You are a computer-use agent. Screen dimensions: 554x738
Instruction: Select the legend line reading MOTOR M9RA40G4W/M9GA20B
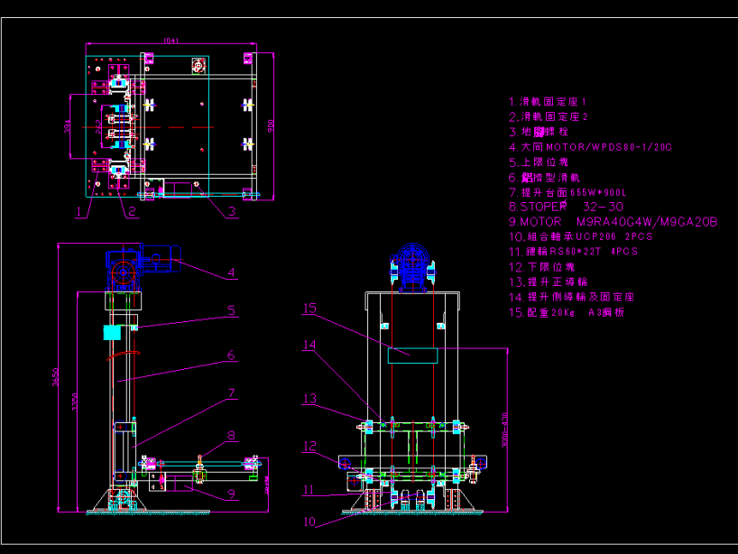click(x=613, y=222)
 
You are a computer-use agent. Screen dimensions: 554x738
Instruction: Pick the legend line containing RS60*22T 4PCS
click(x=572, y=252)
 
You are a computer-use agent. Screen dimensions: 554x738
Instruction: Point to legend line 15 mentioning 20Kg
click(x=566, y=312)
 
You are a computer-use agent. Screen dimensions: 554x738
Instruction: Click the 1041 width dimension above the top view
click(x=171, y=40)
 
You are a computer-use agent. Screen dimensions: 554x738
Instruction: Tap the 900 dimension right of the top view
click(x=270, y=125)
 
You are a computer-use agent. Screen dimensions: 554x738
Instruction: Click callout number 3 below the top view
click(x=232, y=212)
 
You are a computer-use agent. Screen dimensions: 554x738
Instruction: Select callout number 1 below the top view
click(x=79, y=212)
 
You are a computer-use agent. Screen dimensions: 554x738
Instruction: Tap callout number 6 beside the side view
click(x=231, y=355)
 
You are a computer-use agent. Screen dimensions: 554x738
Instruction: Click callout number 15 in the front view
click(x=309, y=309)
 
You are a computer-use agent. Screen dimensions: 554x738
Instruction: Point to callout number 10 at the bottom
click(x=310, y=521)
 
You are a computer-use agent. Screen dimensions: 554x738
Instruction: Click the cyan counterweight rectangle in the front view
click(x=411, y=355)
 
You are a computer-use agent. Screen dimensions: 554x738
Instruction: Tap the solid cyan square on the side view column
click(x=112, y=332)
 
